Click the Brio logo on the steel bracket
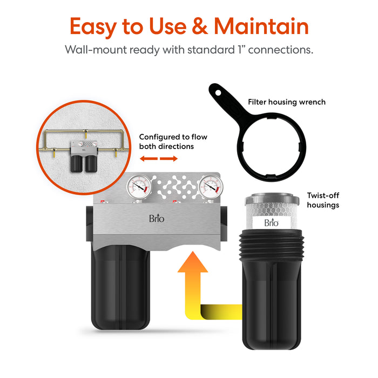(157, 219)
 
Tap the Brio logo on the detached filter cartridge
(271, 222)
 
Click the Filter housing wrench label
(286, 102)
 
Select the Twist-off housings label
(323, 201)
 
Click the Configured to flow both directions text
(173, 141)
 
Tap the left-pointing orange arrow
(147, 159)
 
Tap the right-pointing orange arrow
(170, 159)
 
